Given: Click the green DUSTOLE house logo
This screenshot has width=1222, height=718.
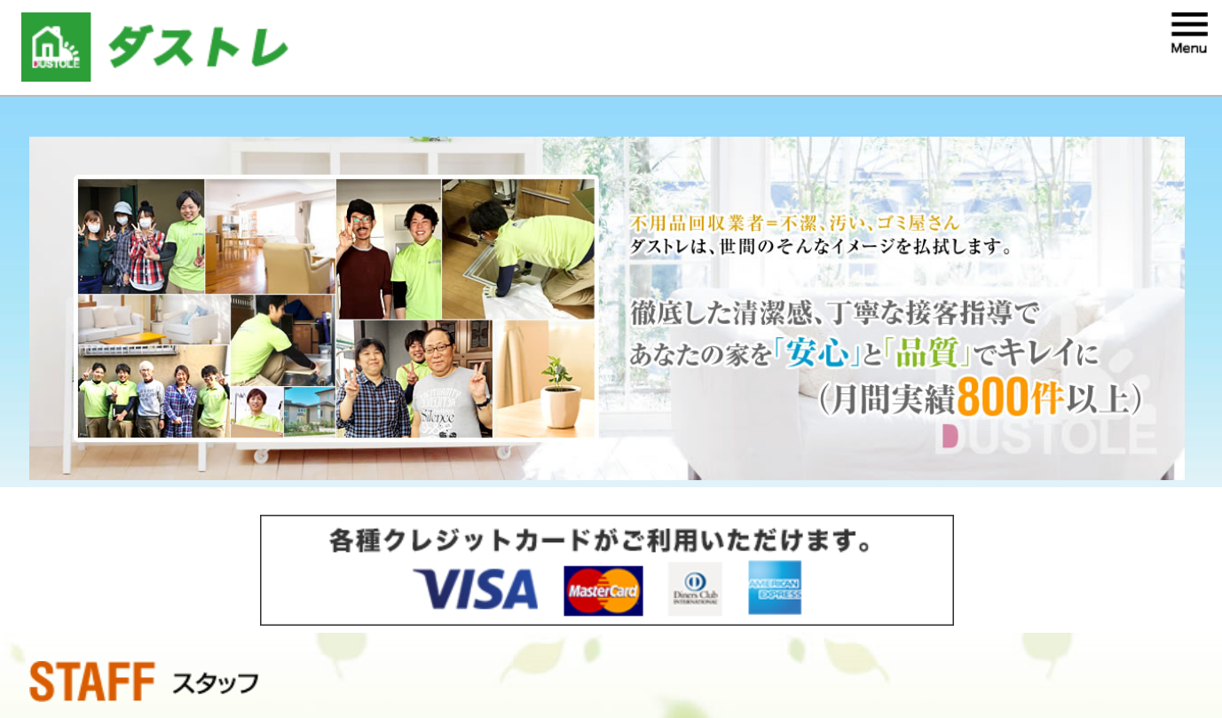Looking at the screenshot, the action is coord(56,47).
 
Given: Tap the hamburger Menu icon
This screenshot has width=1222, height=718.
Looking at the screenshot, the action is coord(1189,33).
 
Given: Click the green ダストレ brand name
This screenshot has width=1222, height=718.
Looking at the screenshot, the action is coord(198,47).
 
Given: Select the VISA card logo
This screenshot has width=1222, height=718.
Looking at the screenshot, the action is coord(475,588).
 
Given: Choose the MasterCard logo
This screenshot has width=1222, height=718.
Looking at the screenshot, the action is coord(603,590).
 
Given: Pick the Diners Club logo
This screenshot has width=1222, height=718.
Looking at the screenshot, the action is coord(695,588).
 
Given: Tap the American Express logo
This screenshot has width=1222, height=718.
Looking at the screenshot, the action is coord(775,588).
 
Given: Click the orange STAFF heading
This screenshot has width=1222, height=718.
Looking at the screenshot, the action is coord(92,681).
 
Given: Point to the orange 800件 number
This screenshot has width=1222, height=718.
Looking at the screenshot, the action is coord(1010,397).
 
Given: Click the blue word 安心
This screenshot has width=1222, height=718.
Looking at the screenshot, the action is coord(816,353).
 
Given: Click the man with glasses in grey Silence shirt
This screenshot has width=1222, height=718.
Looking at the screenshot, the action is coord(445,384).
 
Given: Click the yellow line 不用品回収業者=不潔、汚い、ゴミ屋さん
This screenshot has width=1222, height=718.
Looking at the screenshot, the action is coord(794,223).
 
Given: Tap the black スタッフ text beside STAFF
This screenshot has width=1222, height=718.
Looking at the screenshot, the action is coord(216,683).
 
